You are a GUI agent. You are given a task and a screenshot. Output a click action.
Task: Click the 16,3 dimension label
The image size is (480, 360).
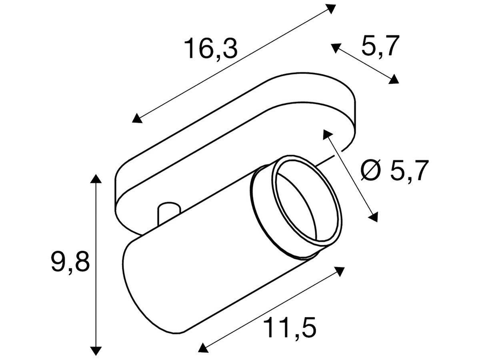pos(210,49)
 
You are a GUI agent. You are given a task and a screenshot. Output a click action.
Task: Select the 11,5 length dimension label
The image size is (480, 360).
pos(290,328)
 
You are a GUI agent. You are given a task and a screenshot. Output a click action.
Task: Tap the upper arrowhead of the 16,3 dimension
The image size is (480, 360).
pos(330,8)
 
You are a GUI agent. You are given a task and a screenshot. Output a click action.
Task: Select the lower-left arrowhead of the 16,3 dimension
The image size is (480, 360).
pos(138,118)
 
